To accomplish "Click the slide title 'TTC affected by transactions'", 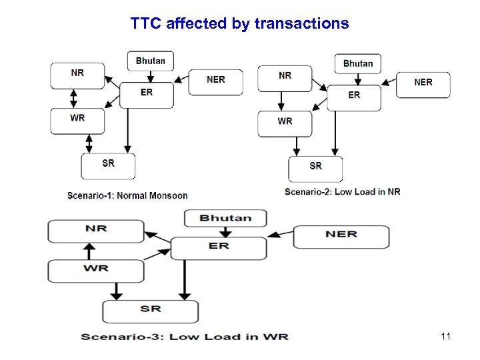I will (239, 24).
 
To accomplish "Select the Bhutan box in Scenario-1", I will (150, 61).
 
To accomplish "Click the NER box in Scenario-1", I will (215, 81).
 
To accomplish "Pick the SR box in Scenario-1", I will (108, 166).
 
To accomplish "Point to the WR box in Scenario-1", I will (77, 120).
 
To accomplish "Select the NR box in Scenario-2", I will (285, 77).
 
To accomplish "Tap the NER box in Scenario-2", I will (423, 84).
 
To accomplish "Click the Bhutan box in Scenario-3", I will (225, 218).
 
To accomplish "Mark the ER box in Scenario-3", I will (219, 247).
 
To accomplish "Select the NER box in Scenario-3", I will (341, 236).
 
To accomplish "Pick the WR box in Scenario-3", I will (96, 271).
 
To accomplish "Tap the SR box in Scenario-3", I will (150, 311).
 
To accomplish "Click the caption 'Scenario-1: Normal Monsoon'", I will (127, 195).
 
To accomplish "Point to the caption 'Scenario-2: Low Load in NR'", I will (342, 192).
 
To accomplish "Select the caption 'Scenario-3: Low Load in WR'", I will (185, 336).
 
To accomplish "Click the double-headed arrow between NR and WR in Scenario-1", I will (73, 97).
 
